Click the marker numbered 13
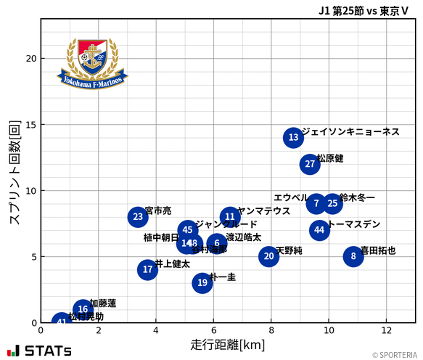293,137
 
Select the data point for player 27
310,164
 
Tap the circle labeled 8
353,256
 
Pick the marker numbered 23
138,217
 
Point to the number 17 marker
148,270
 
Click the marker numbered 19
202,283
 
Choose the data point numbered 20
269,256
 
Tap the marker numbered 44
319,230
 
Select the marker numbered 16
83,310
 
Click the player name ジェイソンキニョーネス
350,131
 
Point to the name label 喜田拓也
378,250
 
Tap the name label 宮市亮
158,210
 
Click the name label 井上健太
173,264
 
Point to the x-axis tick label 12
386,330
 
